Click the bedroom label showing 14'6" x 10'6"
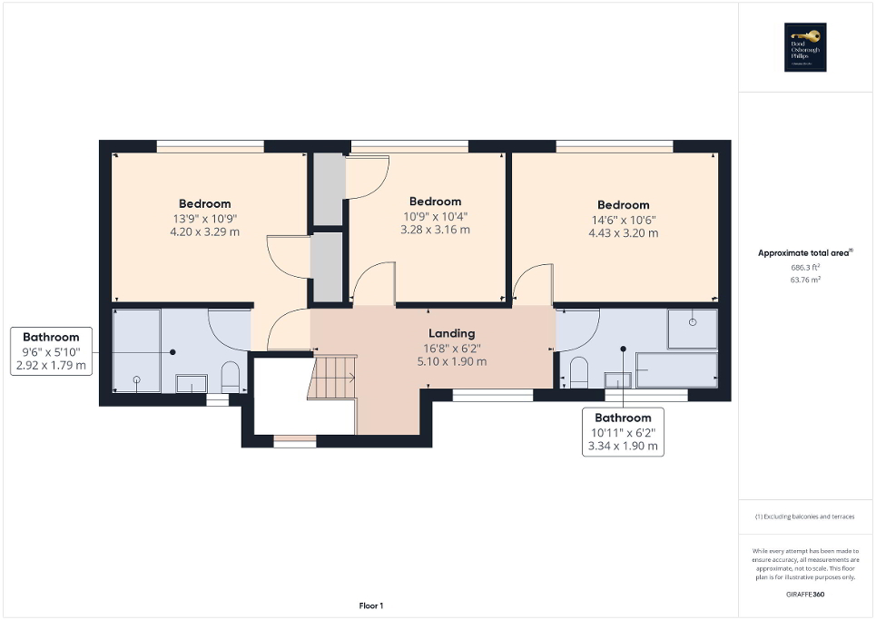pyautogui.click(x=623, y=219)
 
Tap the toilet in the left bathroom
pyautogui.click(x=230, y=377)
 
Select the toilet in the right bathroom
pyautogui.click(x=578, y=372)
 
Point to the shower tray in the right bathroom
pyautogui.click(x=691, y=329)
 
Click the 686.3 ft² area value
pyautogui.click(x=806, y=269)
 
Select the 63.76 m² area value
pyautogui.click(x=806, y=280)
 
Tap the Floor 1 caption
pyautogui.click(x=369, y=605)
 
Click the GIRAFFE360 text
pyautogui.click(x=806, y=594)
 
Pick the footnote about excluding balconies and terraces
pyautogui.click(x=806, y=517)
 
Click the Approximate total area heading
pyautogui.click(x=806, y=253)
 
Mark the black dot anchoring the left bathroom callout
pyautogui.click(x=172, y=352)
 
